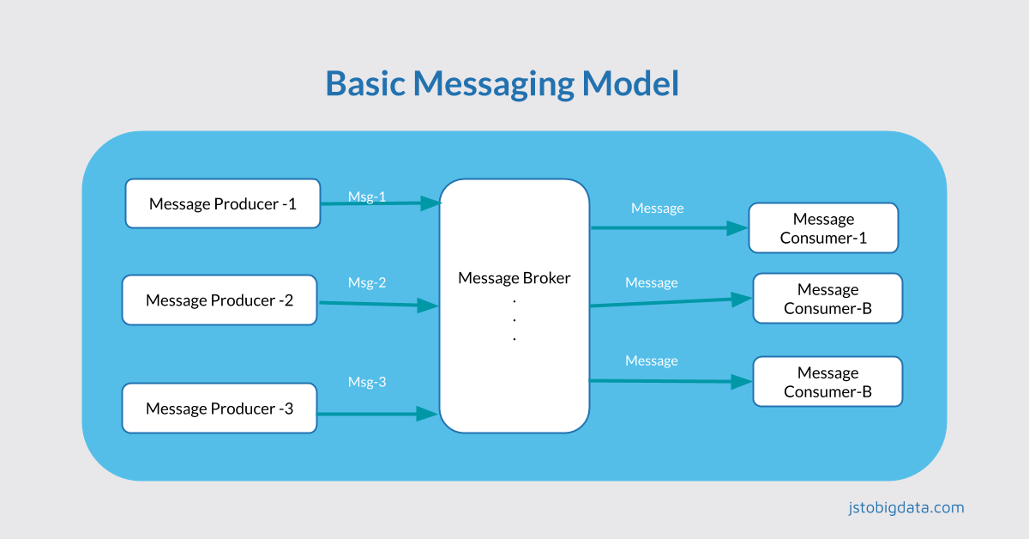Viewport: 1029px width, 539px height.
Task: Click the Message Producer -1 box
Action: click(x=223, y=203)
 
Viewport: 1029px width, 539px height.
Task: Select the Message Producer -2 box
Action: click(x=220, y=300)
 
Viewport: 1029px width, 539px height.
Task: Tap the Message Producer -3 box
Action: click(x=220, y=409)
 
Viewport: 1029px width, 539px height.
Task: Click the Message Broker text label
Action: click(x=514, y=278)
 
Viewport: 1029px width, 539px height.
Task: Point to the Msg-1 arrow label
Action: click(x=367, y=197)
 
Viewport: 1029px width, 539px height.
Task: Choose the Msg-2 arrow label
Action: click(x=367, y=282)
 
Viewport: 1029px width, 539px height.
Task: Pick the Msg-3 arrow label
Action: click(x=367, y=382)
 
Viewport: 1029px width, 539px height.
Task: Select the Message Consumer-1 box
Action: click(x=823, y=228)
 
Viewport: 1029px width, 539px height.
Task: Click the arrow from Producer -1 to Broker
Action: click(x=377, y=204)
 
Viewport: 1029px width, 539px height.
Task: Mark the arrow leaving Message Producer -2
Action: click(x=373, y=303)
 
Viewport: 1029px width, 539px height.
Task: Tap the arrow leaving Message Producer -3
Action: click(x=373, y=414)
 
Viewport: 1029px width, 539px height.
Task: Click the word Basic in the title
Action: click(x=365, y=84)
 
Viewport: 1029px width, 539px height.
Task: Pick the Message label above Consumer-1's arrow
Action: click(x=657, y=208)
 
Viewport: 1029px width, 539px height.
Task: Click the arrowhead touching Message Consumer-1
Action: click(x=737, y=228)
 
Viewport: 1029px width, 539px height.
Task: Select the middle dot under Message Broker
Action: click(x=514, y=318)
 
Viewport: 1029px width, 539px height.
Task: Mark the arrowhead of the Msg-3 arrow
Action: click(x=428, y=414)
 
